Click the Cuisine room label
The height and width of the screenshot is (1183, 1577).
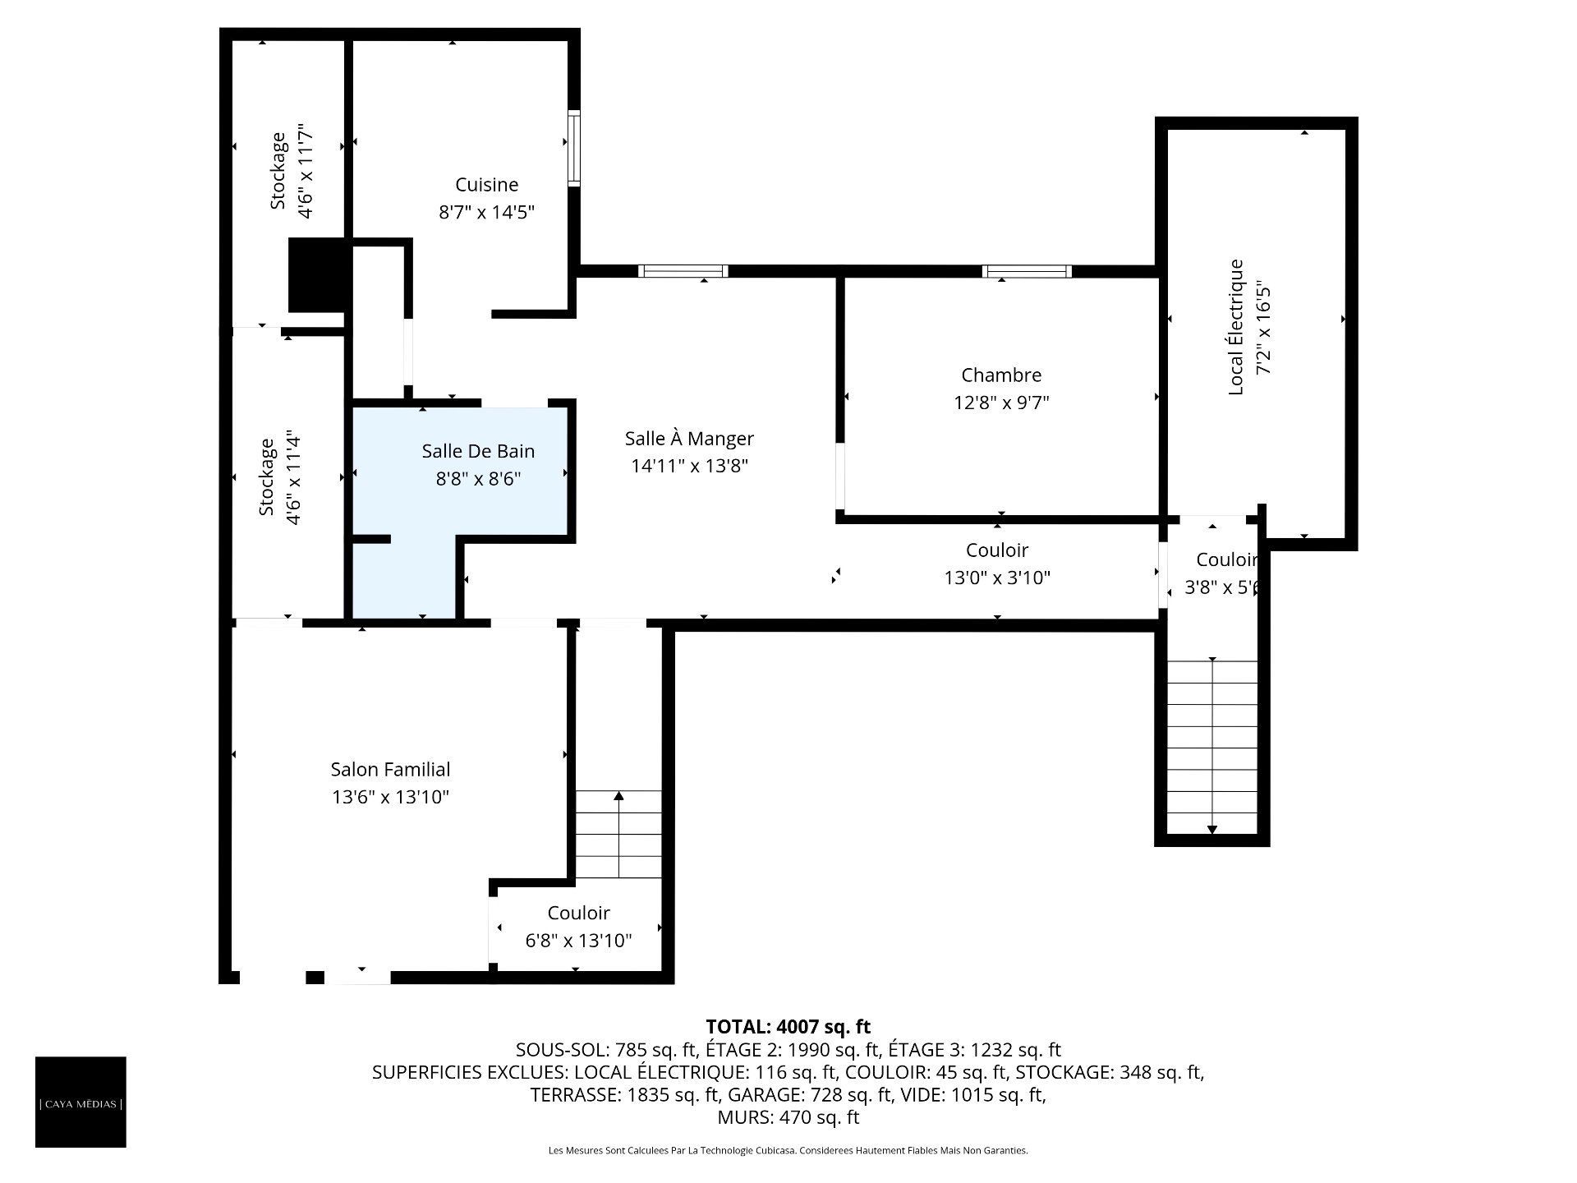click(487, 185)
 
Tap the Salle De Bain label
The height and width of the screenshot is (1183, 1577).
click(478, 451)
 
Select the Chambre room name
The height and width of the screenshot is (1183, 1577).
click(1001, 375)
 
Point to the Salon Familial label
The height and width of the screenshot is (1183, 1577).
click(390, 770)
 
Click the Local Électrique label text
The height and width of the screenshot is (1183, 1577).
click(1236, 327)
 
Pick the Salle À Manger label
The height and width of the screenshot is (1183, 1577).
click(689, 439)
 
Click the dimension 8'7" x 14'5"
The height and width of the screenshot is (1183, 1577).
click(487, 213)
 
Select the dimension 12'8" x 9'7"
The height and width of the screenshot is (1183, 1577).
click(1001, 403)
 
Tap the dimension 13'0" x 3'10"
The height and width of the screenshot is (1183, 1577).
click(997, 578)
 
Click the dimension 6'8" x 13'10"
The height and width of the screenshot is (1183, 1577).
click(579, 940)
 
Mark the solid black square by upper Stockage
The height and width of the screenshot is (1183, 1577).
click(316, 275)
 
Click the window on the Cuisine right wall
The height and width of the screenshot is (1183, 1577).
click(574, 148)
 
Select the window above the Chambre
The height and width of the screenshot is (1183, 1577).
click(1027, 271)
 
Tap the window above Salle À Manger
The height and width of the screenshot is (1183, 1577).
click(683, 271)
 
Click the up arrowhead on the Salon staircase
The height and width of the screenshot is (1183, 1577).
click(618, 795)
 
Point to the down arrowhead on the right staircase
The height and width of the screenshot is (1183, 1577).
click(1212, 830)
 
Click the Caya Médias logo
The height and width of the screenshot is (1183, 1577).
click(80, 1102)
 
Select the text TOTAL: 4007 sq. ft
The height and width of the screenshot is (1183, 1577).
click(788, 1027)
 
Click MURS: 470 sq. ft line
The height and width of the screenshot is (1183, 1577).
click(788, 1117)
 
